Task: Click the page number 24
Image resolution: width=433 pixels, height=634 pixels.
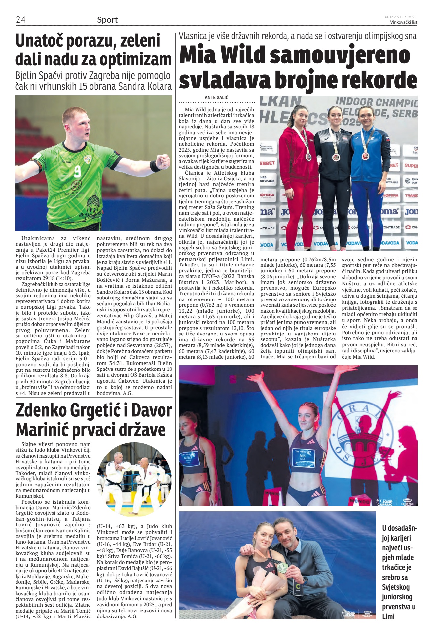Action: pos(20,19)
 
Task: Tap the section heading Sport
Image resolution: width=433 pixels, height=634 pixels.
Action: pos(107,20)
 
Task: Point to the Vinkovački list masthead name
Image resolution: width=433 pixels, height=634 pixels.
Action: pos(404,22)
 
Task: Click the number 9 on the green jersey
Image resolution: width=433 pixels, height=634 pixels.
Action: pos(77,172)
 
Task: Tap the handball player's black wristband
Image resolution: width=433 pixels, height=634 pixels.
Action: pos(155,166)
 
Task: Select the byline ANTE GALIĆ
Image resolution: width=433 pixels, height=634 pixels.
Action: pos(216,97)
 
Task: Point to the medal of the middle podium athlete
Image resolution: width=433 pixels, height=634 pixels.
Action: pos(336,157)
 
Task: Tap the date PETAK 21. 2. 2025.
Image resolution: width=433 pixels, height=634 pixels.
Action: pos(401,17)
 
